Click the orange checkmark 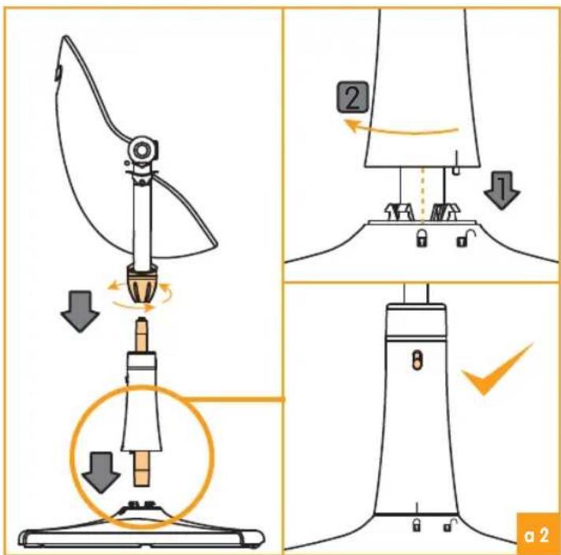(x=496, y=372)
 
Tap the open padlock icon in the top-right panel (x=462, y=237)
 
